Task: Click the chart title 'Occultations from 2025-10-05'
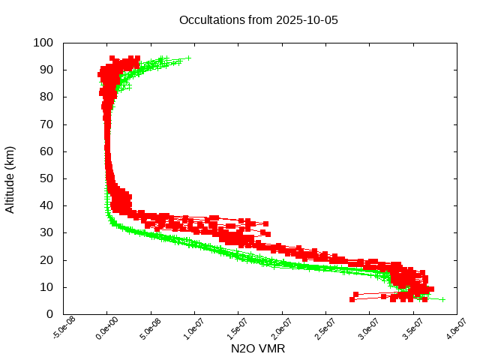259,19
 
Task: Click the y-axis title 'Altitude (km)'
10,178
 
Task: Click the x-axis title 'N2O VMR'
258,349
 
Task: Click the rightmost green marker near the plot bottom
442,299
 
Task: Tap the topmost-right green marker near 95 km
188,58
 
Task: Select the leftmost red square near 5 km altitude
352,299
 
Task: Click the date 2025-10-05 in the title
307,19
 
